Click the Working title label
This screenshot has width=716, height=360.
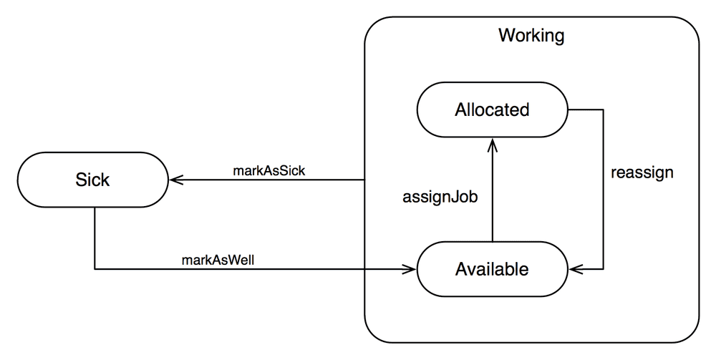[531, 35]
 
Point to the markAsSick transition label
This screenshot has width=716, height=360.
[268, 171]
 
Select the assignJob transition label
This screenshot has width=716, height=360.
[439, 196]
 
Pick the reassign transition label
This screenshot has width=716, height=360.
[642, 173]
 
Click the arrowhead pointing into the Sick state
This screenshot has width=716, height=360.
[173, 180]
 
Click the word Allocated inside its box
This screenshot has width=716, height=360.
[492, 110]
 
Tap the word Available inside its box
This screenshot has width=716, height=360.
[492, 269]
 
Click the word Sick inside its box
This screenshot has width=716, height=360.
[92, 180]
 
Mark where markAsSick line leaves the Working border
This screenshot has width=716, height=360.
[365, 180]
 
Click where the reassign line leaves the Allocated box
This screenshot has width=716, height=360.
[568, 110]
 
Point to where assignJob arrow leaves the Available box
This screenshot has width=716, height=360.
[492, 242]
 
